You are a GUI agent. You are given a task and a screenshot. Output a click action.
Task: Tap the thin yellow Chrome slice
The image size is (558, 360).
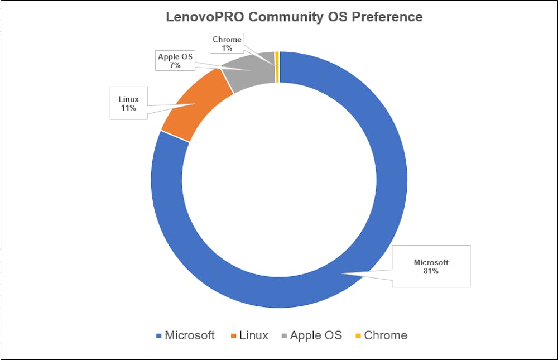point(277,66)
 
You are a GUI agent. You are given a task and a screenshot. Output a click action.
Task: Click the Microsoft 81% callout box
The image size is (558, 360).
point(431,266)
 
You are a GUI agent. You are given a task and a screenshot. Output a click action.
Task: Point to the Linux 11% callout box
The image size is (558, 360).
point(128,103)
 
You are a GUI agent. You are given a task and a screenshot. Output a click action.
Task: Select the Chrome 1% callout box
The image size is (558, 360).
point(227,44)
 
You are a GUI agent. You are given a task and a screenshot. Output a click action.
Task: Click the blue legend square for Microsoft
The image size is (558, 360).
point(159,336)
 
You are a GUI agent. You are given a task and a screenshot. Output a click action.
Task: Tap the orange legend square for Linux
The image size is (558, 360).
point(233,336)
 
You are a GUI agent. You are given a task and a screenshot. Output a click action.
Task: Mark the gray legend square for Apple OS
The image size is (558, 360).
point(285,336)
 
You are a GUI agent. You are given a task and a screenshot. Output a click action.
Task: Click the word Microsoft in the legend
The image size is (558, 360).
point(189,335)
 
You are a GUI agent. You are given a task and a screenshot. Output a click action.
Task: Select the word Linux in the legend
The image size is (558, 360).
point(253,335)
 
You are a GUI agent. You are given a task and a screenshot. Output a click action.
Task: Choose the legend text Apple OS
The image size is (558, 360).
point(315,335)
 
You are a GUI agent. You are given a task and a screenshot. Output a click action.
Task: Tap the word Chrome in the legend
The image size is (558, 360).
point(385,335)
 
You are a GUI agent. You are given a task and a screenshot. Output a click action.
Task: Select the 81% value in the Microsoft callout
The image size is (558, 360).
point(431,271)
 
